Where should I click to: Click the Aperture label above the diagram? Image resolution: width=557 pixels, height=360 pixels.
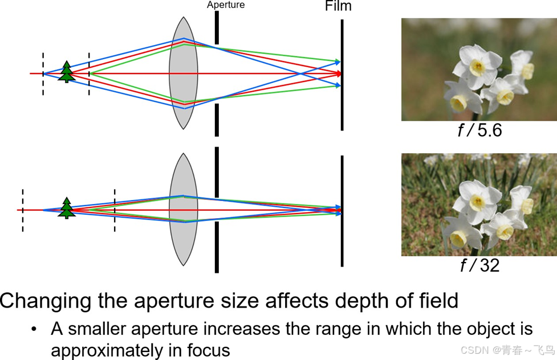pyautogui.click(x=226, y=5)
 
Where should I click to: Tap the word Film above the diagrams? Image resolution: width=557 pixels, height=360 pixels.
pyautogui.click(x=338, y=6)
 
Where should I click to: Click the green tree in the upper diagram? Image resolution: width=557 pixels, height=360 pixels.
pyautogui.click(x=67, y=72)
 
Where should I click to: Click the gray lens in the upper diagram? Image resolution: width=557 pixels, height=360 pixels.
pyautogui.click(x=183, y=73)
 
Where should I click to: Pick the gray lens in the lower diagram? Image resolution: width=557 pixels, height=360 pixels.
pyautogui.click(x=183, y=210)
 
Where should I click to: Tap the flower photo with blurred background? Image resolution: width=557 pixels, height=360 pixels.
pyautogui.click(x=479, y=69)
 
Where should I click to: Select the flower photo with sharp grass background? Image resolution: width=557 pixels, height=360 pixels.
pyautogui.click(x=479, y=204)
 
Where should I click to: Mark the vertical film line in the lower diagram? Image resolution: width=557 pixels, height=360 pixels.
pyautogui.click(x=342, y=211)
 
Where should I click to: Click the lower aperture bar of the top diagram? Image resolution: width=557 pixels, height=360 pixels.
pyautogui.click(x=217, y=120)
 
